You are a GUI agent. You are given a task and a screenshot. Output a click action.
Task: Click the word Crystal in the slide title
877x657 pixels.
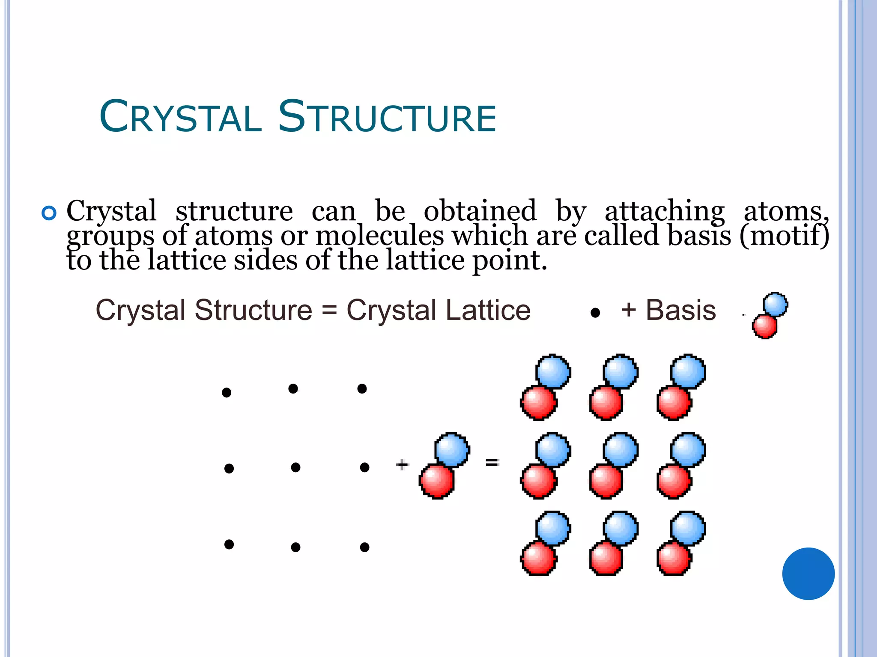(180, 116)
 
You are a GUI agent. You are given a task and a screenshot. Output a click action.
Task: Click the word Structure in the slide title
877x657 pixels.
(387, 116)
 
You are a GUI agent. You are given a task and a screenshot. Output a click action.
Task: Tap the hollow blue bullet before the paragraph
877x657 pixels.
(49, 213)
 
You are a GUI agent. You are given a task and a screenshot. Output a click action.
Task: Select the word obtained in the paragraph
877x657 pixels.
(480, 211)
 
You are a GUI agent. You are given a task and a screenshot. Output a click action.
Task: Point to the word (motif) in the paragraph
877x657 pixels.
(785, 236)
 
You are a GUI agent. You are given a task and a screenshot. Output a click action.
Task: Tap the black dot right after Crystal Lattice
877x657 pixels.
(595, 313)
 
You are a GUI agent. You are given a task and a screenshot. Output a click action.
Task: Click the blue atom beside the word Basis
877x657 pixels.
(775, 305)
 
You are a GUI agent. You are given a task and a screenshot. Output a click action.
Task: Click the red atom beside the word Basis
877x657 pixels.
(765, 327)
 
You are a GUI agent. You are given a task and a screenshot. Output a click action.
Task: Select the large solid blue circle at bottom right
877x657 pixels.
(808, 574)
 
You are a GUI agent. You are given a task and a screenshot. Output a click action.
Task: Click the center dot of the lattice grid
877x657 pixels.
(295, 468)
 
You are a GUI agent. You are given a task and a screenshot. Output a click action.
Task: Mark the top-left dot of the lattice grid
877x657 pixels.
(227, 392)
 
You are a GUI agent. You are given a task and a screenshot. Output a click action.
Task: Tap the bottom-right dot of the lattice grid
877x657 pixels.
(364, 547)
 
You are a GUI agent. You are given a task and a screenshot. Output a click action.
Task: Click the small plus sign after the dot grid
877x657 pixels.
(402, 465)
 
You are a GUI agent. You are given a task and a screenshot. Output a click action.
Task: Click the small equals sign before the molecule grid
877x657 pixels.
(492, 462)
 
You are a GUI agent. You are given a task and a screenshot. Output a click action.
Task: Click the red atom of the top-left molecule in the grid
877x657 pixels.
(538, 403)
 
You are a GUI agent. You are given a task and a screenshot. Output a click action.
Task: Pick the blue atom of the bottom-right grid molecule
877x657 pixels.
(688, 528)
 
